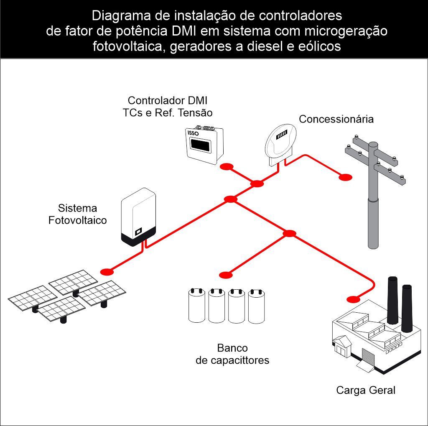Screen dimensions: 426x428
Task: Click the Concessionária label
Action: (x=336, y=119)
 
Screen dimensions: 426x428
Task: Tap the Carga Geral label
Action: (x=366, y=390)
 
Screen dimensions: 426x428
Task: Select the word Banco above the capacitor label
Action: (x=232, y=348)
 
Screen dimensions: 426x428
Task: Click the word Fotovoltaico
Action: (x=78, y=220)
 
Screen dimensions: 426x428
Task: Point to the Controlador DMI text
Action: (x=168, y=101)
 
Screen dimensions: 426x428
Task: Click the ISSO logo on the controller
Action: (x=194, y=134)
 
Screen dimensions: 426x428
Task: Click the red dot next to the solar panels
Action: (x=107, y=271)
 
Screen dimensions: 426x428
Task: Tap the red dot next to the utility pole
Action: (x=345, y=178)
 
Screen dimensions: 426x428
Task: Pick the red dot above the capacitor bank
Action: (x=226, y=275)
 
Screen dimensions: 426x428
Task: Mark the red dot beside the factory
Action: (x=353, y=299)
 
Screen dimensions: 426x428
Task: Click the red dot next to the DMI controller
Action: (x=227, y=167)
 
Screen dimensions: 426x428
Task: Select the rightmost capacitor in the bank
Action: (x=257, y=307)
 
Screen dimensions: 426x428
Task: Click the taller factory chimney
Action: (x=392, y=300)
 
